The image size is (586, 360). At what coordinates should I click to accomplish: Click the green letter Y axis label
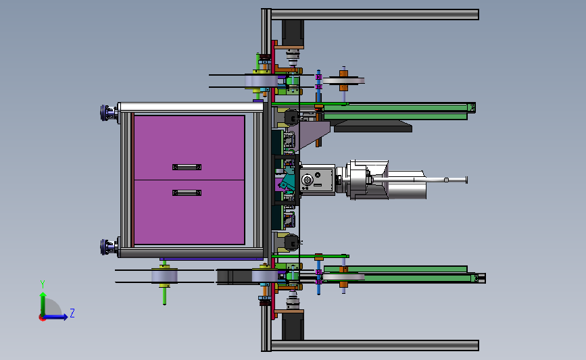pyautogui.click(x=43, y=284)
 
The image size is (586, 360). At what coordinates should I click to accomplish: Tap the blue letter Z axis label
pyautogui.click(x=72, y=313)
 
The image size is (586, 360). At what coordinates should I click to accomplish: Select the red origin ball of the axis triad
pyautogui.click(x=42, y=318)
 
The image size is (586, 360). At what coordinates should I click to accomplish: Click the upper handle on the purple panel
pyautogui.click(x=187, y=167)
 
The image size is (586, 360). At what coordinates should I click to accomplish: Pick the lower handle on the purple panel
pyautogui.click(x=187, y=192)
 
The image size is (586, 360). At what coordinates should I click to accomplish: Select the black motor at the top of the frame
pyautogui.click(x=293, y=33)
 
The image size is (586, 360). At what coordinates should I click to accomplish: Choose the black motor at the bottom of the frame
pyautogui.click(x=293, y=326)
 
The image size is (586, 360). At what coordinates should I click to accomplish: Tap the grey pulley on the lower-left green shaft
pyautogui.click(x=164, y=276)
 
